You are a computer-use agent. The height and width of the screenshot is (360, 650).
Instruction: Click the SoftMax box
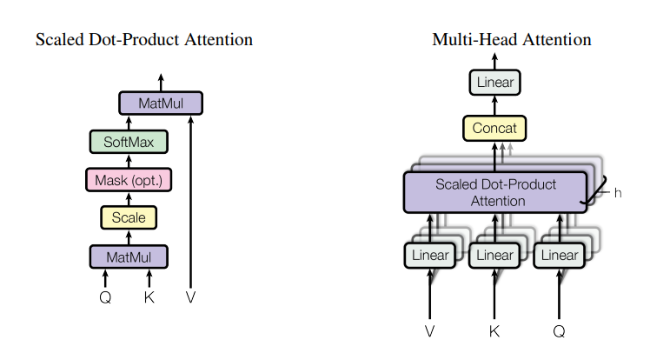pos(129,142)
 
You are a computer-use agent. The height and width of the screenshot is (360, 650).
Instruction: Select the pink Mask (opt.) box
pos(129,180)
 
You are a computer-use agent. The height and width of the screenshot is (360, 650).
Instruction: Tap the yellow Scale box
pos(129,217)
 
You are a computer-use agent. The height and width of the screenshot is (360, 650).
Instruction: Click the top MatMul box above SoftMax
pos(161,103)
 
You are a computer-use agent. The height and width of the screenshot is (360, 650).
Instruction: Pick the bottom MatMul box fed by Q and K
pos(129,257)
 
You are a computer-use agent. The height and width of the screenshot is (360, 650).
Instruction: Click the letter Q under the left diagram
pos(105,297)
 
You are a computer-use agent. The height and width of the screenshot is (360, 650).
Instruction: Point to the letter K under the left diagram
pos(149,297)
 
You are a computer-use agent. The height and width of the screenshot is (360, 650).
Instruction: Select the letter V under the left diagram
pos(190,297)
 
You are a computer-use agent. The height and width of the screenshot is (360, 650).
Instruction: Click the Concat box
pos(494,128)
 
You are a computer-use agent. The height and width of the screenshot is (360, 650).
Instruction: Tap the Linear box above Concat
pos(495,82)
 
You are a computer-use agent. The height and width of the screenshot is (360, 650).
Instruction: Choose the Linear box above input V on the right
pos(430,255)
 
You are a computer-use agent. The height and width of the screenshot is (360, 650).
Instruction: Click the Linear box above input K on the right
pos(494,255)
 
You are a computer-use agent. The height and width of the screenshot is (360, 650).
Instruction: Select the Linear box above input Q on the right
pos(560,255)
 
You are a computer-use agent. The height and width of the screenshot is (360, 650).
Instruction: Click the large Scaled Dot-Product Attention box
pos(495,192)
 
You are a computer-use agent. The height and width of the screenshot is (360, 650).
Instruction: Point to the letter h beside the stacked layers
pos(618,193)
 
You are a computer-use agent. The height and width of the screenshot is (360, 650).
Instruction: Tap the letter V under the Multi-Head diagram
pos(430,331)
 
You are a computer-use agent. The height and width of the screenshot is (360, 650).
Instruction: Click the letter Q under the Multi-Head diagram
pos(560,331)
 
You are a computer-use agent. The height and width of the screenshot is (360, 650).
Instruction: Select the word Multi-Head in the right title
pos(475,39)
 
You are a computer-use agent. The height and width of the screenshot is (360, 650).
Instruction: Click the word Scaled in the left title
pos(60,39)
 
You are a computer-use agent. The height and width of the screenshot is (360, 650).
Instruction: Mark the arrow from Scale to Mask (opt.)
pos(129,198)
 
